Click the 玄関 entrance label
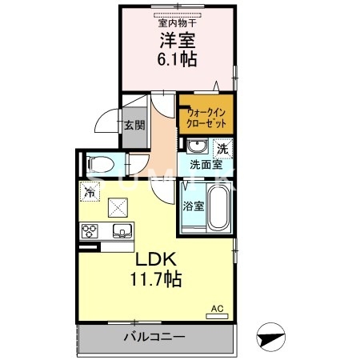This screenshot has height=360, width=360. pyautogui.click(x=134, y=125)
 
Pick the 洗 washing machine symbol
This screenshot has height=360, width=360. pyautogui.click(x=223, y=147)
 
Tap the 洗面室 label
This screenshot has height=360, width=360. pyautogui.click(x=206, y=166)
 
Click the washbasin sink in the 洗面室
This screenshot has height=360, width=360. pyautogui.click(x=197, y=146)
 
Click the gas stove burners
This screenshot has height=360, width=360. pyautogui.click(x=89, y=233)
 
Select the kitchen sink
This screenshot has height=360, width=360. pyautogui.click(x=122, y=233)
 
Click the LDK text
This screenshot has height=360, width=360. pyautogui.click(x=158, y=261)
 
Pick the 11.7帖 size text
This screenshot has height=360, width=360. pyautogui.click(x=157, y=280)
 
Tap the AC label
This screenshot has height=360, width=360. pyautogui.click(x=216, y=308)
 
